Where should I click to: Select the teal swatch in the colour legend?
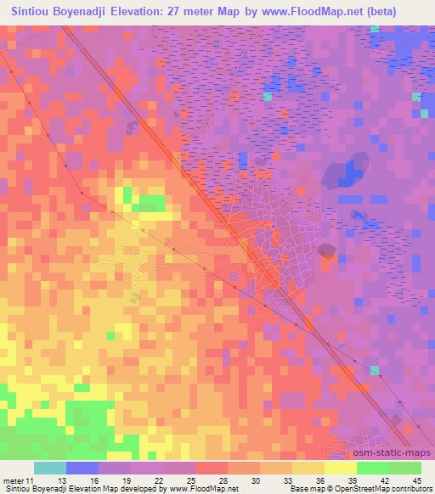[49, 468]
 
